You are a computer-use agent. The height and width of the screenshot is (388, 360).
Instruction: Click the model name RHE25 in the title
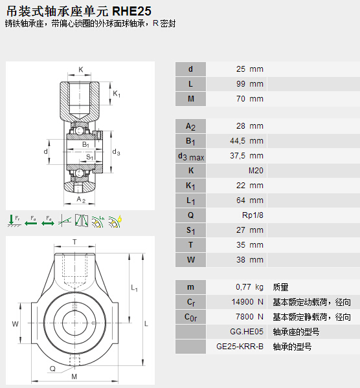click(x=131, y=11)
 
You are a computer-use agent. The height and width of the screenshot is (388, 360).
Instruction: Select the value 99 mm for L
click(x=250, y=84)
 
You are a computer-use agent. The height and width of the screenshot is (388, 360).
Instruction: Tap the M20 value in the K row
click(x=256, y=171)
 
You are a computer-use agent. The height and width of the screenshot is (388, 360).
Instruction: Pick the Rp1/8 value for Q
click(x=253, y=215)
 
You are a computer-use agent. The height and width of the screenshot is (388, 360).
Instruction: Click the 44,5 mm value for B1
click(x=247, y=141)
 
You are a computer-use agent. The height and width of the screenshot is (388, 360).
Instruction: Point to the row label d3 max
click(x=191, y=156)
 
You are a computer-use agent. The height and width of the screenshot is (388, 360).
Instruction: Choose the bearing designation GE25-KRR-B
click(x=240, y=347)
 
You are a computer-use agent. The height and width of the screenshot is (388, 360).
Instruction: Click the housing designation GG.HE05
click(x=247, y=331)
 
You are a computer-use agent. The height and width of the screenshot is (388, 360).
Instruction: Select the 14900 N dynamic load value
click(x=247, y=302)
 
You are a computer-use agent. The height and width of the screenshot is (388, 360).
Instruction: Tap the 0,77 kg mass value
click(x=249, y=287)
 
